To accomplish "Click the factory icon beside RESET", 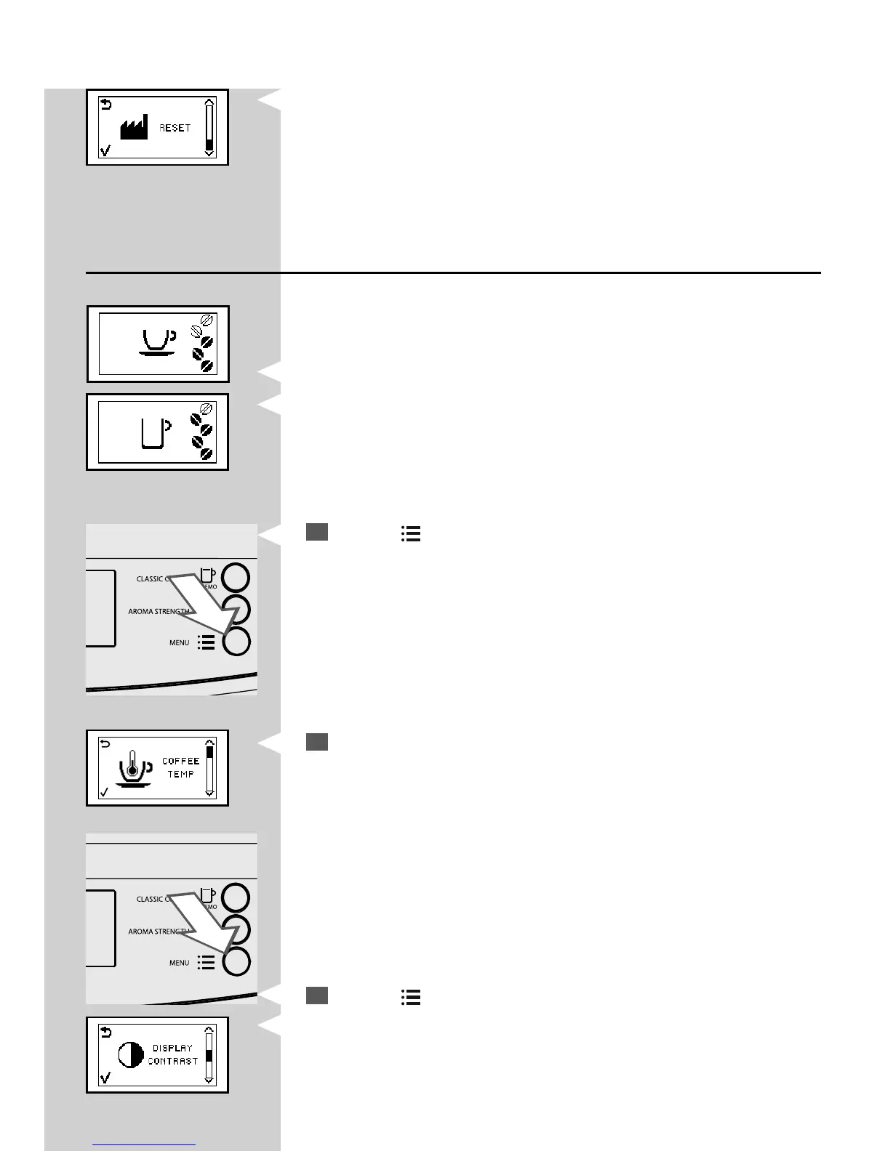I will pos(134,128).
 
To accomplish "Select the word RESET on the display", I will pos(175,128).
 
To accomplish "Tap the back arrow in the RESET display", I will pos(106,105).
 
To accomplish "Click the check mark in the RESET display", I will pos(105,151).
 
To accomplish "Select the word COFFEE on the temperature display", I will pos(180,761).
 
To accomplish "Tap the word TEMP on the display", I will pos(180,775).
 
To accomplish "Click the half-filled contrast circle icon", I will pos(131,1055).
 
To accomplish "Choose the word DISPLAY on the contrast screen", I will pos(172,1048).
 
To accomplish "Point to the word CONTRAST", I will pos(172,1062).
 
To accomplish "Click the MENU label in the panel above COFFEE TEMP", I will pos(179,642).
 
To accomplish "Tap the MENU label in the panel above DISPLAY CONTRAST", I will pos(179,963).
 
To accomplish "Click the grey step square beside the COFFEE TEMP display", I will pos(317,742).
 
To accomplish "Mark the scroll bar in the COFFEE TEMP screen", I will pos(210,771).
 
